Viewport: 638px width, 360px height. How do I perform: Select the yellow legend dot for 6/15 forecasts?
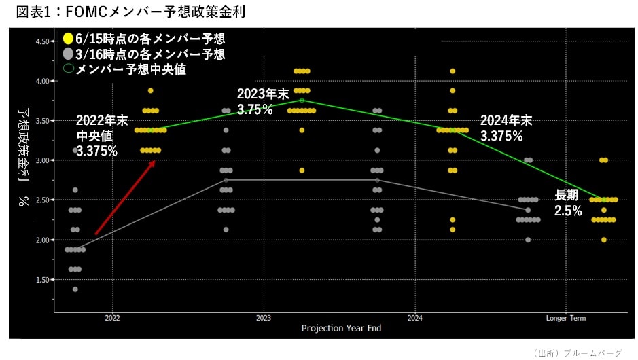click(68, 39)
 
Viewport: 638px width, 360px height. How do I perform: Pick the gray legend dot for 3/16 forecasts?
click(68, 54)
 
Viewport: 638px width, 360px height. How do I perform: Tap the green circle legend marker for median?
click(68, 69)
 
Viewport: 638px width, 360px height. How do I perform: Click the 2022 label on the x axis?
click(113, 318)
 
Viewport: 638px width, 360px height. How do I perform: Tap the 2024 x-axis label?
click(415, 318)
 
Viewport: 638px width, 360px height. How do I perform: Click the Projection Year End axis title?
click(341, 329)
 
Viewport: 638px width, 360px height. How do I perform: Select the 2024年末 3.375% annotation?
click(506, 128)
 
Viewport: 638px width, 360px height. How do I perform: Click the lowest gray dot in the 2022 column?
click(75, 289)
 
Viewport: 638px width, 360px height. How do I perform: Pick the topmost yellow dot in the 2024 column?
click(453, 71)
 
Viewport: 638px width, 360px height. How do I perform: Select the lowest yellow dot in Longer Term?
click(604, 240)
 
